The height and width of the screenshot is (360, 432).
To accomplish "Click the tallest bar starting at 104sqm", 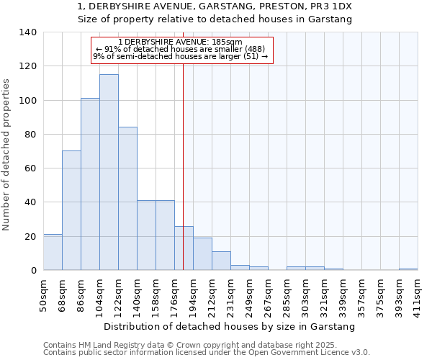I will tap(109, 172).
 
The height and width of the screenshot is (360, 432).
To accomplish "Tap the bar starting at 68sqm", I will tap(71, 210).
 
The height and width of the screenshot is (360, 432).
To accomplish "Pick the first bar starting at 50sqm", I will tap(53, 252).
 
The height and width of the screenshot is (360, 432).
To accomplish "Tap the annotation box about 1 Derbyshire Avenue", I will tap(182, 50).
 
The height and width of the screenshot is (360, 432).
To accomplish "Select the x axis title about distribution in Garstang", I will tap(230, 327).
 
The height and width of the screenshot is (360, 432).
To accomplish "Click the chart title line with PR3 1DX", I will tap(215, 6).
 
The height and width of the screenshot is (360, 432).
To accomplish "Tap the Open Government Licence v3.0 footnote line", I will tap(207, 353).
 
